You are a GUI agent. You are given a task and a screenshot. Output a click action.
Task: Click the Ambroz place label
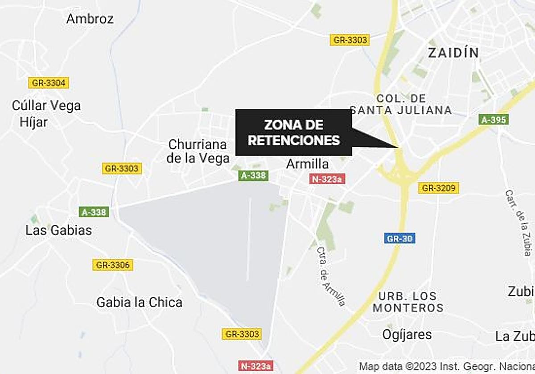(90, 19)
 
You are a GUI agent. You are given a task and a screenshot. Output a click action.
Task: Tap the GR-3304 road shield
(49, 83)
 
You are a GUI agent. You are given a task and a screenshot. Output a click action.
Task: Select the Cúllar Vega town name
(46, 106)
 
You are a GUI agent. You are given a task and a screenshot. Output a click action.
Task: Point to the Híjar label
(33, 121)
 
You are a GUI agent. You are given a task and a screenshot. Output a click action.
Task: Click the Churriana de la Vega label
(198, 151)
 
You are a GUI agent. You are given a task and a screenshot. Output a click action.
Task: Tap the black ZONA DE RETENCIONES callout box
(293, 133)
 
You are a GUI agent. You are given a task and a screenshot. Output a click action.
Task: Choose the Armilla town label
(307, 164)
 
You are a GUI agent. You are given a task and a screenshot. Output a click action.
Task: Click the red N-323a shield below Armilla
(327, 179)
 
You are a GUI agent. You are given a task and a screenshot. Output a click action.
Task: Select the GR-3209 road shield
(439, 188)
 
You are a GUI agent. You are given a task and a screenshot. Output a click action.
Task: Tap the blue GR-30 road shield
(399, 238)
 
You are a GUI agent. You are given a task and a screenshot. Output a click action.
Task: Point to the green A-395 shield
(494, 119)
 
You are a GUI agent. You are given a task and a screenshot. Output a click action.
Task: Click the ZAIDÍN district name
(453, 53)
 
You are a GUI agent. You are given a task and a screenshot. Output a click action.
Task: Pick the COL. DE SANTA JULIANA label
(401, 104)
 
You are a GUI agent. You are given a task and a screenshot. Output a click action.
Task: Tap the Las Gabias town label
(58, 230)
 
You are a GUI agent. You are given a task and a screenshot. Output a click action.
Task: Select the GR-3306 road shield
(113, 265)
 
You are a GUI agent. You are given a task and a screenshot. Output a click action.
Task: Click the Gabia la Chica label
(139, 302)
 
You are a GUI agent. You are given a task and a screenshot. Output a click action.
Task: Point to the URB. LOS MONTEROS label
(408, 302)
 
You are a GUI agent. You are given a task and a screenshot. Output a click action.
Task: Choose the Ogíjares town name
(407, 334)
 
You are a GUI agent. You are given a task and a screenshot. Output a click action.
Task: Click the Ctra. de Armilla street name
(331, 276)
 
